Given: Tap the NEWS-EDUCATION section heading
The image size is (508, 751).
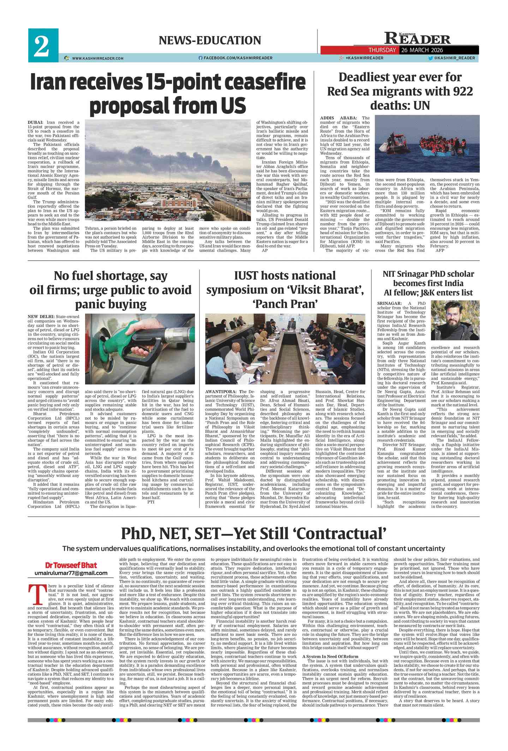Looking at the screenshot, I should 210,41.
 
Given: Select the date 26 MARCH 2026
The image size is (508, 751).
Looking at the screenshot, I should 422,50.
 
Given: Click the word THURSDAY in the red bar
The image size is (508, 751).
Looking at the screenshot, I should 382,50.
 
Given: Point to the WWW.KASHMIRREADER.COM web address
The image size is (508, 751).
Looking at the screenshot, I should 97,58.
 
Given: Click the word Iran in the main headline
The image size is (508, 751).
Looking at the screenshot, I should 53,82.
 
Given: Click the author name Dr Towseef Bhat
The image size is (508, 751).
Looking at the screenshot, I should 71,565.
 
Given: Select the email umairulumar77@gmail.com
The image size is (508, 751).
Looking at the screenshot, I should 71,573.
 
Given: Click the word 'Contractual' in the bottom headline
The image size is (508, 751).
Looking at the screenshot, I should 341,534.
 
